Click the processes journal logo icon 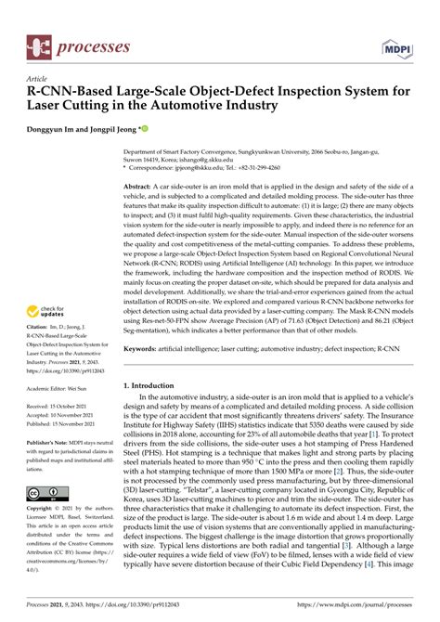pos(39,44)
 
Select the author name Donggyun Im pos(58,129)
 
